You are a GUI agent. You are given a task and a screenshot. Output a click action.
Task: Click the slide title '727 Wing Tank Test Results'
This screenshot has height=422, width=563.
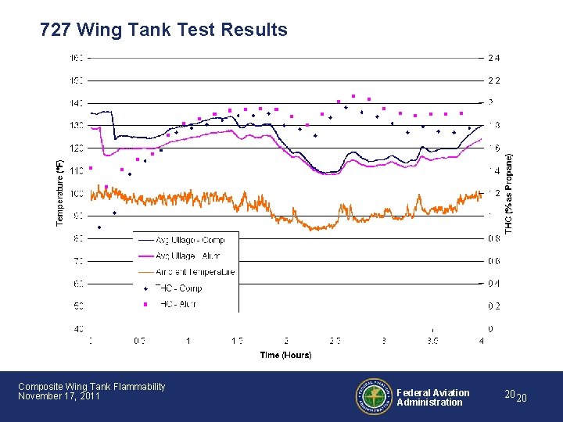point(163,30)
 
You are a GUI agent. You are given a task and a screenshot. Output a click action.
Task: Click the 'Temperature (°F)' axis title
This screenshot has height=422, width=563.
point(59,194)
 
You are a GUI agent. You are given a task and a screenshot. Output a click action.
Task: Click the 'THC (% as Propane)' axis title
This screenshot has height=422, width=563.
point(510,192)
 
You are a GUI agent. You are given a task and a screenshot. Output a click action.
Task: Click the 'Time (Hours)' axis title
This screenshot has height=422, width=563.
point(285,355)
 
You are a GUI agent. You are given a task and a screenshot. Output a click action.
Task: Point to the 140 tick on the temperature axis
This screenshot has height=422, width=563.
point(76,103)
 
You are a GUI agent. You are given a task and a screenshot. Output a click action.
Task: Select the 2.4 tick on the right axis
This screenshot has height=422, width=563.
point(494,58)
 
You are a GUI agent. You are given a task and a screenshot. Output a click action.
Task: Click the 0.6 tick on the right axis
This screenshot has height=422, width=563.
point(494,261)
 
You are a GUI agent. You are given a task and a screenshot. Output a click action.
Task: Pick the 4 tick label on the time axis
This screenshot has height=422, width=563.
point(482,341)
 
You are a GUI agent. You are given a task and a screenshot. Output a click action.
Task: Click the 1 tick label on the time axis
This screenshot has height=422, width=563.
point(188,341)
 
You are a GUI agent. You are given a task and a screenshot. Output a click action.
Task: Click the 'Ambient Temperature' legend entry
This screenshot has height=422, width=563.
point(195,272)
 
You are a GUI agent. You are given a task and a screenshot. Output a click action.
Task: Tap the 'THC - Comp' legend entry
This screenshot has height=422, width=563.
point(178,288)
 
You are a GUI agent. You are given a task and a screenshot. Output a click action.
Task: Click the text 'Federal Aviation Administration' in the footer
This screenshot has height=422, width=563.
point(433,398)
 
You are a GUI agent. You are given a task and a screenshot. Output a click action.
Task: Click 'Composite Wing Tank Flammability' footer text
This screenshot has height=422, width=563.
point(91,386)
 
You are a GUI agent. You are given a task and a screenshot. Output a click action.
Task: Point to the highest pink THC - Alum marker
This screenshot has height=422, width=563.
point(353,96)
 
